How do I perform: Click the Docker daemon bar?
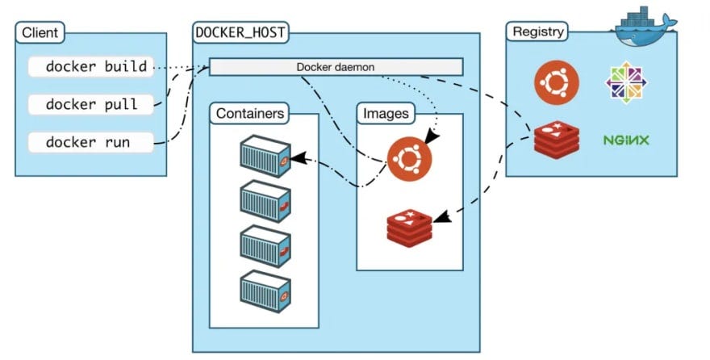click(336, 66)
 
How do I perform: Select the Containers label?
click(250, 114)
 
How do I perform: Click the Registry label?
click(537, 32)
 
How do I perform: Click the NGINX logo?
click(626, 140)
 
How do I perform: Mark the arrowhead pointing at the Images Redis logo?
click(440, 216)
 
